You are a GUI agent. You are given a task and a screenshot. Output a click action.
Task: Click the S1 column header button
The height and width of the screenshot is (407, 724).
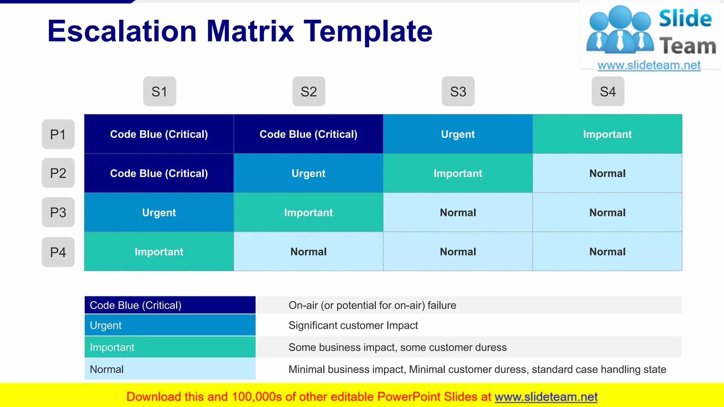coord(159,92)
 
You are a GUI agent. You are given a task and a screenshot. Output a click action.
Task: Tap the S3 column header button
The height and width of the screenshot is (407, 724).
coord(458,92)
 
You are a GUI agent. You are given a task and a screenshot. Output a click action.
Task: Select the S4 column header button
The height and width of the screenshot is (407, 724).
coord(608,92)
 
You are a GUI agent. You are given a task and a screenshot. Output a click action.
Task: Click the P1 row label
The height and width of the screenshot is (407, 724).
coord(58,134)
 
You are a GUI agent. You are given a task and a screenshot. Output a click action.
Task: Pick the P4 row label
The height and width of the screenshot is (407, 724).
coord(58,252)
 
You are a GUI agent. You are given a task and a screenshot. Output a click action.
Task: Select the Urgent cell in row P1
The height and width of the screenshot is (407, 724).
coord(458,134)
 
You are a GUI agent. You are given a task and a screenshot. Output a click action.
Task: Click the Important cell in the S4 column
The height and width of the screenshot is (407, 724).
coord(607,134)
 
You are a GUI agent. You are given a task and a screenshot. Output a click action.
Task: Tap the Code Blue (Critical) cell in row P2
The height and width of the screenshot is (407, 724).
coord(159,173)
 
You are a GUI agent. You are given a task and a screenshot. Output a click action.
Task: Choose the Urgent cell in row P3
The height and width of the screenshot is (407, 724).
coord(159,213)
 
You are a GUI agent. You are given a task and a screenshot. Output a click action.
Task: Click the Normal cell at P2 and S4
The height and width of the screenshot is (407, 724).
coord(607,173)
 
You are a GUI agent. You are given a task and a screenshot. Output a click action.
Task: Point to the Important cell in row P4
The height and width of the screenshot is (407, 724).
coord(159,252)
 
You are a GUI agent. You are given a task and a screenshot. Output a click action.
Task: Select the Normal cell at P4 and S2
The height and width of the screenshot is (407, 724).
coord(308,252)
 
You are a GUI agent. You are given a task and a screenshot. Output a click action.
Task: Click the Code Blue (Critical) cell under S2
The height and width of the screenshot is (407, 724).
coord(308,134)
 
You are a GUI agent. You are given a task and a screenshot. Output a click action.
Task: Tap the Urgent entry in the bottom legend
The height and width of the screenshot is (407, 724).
coord(170,325)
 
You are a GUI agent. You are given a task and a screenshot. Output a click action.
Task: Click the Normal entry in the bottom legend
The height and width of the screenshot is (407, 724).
coord(170,369)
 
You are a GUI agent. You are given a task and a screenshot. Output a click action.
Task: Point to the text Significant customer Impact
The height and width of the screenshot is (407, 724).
coord(353,325)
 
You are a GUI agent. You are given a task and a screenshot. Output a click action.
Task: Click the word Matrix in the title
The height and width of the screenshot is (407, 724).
coord(250,31)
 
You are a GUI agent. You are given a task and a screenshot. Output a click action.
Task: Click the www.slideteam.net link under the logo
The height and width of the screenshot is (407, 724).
coord(649,65)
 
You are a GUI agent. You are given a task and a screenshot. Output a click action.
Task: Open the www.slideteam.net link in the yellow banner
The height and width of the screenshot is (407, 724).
coord(546,397)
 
